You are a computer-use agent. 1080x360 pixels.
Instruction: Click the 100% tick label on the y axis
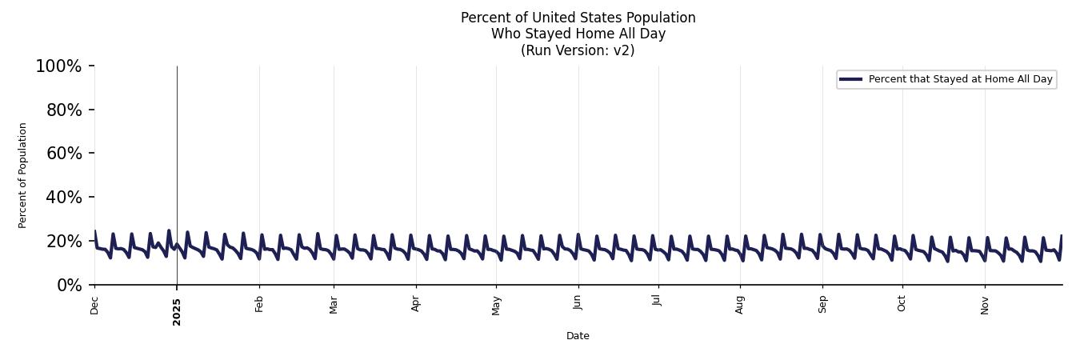point(58,66)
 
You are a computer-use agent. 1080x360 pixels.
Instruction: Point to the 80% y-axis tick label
point(64,110)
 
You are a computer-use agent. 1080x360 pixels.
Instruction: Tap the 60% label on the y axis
point(64,154)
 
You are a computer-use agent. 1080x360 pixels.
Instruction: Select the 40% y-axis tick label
point(64,198)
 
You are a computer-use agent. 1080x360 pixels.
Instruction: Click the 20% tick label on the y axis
point(64,242)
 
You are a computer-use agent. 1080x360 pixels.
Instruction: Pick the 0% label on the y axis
point(69,286)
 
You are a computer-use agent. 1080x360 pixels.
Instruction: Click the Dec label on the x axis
point(94,306)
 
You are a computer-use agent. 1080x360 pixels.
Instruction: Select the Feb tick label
point(259,305)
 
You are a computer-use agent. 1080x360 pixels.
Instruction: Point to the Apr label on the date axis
point(416,305)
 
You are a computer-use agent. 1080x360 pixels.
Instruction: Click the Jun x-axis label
point(578,303)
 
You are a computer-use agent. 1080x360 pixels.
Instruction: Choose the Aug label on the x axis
point(740,305)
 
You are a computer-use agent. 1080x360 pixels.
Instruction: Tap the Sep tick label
point(822,305)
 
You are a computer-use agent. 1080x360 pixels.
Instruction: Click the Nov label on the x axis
point(985,306)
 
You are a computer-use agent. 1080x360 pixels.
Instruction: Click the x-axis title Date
point(578,336)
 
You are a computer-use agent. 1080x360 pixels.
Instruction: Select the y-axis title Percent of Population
point(23,175)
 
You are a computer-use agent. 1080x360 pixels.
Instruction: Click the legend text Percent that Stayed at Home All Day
point(960,79)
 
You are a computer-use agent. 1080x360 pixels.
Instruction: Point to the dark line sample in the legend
point(850,79)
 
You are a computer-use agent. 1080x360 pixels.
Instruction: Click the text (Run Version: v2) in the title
point(578,50)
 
